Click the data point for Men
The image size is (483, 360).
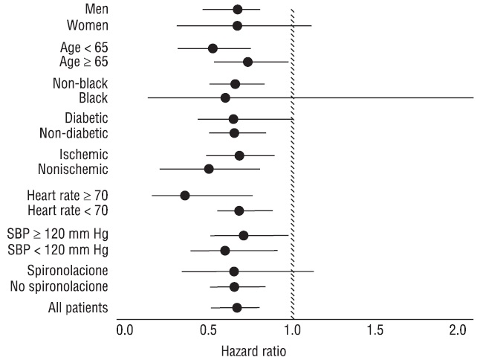coord(237,10)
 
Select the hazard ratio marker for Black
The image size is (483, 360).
coord(225,97)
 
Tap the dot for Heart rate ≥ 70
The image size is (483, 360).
coord(185,196)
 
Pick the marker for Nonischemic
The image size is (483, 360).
coord(209,169)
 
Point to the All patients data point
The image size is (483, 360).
coord(236,307)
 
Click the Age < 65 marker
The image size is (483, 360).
coord(213,48)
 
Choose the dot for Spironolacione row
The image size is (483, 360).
coord(233,271)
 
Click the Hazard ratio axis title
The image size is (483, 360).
coord(254,349)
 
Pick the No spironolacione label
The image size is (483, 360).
coord(59,286)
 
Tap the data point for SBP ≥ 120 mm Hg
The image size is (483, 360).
coord(243,236)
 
